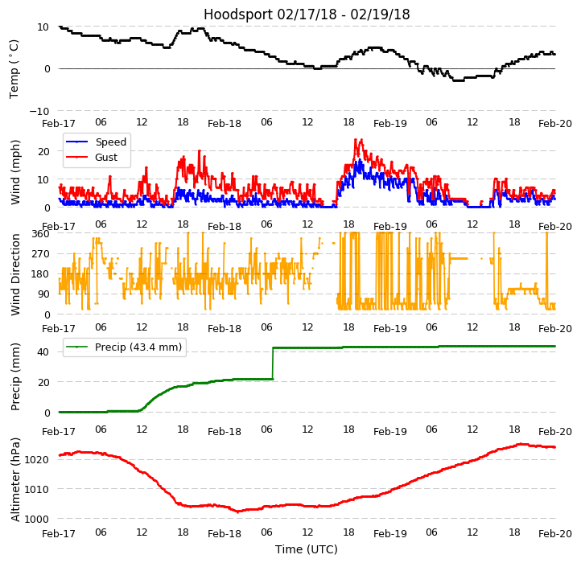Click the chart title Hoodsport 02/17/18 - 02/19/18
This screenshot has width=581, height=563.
coord(307,14)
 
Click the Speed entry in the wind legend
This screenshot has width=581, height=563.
coord(110,142)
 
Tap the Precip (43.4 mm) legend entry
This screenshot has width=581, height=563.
coord(134,347)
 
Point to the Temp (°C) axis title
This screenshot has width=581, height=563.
coord(14,68)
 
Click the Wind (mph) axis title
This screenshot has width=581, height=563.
coord(15,171)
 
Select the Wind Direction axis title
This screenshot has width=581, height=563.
coord(15,273)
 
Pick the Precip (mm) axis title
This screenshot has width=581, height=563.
coord(15,376)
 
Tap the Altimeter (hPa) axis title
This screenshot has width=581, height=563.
coord(15,479)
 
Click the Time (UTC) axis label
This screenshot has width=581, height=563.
coord(307,549)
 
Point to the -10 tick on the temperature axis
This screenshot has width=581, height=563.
coord(42,111)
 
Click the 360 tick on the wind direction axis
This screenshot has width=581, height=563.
coord(40,233)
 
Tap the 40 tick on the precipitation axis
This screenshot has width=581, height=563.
coord(44,351)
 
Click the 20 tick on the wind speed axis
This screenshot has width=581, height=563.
coord(44,150)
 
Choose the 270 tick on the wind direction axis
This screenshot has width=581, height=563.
coord(40,253)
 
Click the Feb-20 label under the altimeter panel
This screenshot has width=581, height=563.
coord(555,533)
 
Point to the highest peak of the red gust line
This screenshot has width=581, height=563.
coord(360,140)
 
